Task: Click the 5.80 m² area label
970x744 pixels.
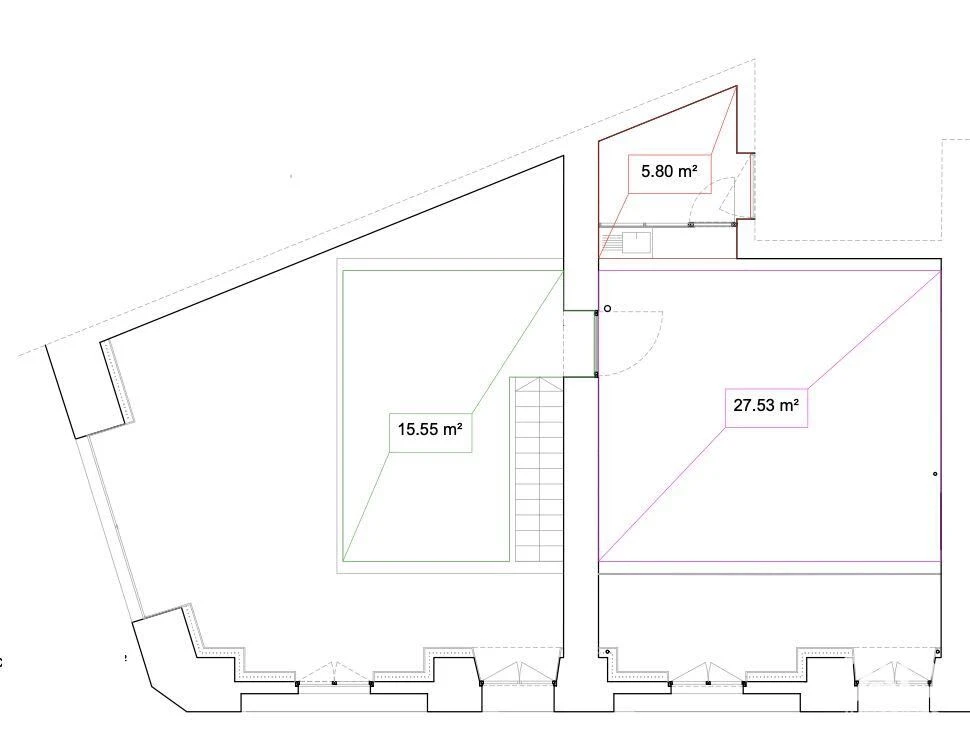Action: pos(669,171)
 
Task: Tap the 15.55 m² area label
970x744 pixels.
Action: pos(430,429)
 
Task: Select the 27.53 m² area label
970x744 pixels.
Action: pos(766,406)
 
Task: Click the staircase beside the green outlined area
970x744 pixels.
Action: pos(537,469)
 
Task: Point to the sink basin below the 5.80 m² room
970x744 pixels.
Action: pos(637,242)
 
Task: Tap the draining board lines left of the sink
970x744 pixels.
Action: pos(611,242)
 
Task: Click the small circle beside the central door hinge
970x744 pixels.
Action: pos(607,309)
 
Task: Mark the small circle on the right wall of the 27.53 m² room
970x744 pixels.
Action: pos(935,474)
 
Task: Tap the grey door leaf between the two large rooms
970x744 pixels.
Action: pos(596,343)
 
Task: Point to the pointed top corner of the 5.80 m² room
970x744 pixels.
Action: pos(736,85)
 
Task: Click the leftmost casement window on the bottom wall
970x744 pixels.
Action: pos(334,674)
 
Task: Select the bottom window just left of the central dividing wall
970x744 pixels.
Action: pos(517,673)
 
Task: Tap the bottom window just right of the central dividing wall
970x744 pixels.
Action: pos(707,674)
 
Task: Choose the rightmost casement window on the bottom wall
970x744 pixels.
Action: pos(893,673)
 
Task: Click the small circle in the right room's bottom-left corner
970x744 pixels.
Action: pos(607,651)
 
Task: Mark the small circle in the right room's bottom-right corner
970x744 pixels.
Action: pos(938,651)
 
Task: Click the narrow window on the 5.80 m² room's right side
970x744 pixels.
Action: pos(752,185)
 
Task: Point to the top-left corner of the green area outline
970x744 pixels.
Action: pos(343,270)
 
